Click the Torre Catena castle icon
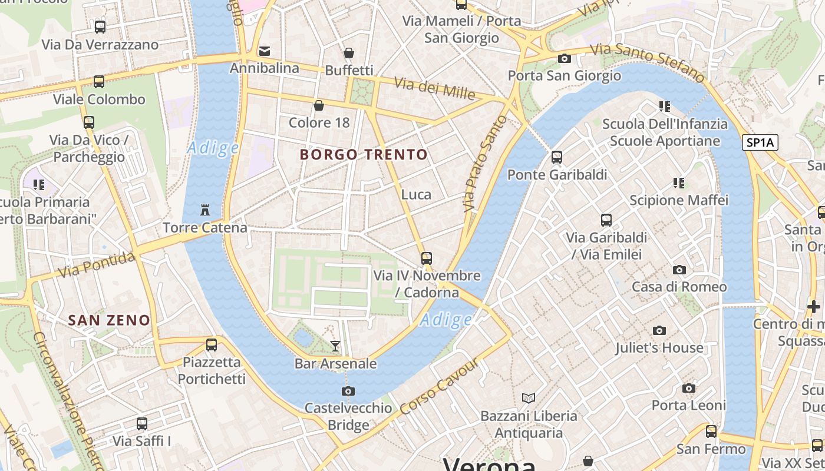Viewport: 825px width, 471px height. [x=205, y=210]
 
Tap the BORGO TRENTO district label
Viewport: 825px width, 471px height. [x=364, y=155]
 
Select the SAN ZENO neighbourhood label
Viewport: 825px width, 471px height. [x=109, y=320]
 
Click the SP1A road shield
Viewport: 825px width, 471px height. [x=760, y=142]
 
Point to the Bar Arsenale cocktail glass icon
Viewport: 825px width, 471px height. [x=335, y=346]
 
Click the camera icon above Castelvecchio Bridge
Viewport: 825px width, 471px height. [x=348, y=391]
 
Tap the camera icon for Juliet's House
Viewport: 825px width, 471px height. [x=659, y=330]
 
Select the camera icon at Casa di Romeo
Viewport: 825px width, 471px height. [x=679, y=270]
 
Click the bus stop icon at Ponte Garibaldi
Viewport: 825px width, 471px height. [x=557, y=157]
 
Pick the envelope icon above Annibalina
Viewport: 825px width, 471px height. [x=265, y=51]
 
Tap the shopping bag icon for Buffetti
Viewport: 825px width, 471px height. [x=349, y=53]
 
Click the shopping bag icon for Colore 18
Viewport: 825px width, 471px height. [x=319, y=105]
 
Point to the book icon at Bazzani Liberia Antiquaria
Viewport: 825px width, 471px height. [x=529, y=398]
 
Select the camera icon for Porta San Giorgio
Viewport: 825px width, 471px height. [x=564, y=58]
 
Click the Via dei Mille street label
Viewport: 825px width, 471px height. [x=434, y=88]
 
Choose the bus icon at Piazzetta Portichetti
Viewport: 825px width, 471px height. [x=212, y=345]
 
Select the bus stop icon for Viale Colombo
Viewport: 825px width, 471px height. [x=99, y=82]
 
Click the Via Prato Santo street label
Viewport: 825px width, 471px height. [x=484, y=163]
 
